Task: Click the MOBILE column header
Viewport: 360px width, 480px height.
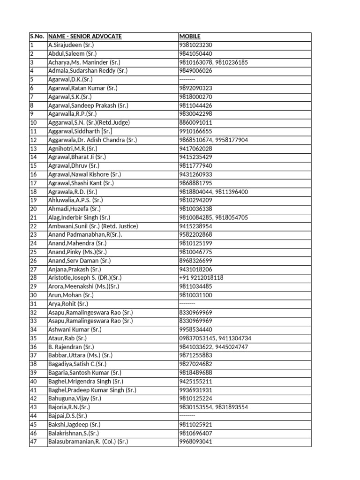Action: [x=190, y=37]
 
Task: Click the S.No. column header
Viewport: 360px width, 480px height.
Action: [x=37, y=37]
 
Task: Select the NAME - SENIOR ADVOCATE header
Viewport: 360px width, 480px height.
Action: [x=85, y=37]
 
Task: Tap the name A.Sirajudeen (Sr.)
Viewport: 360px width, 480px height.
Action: [x=71, y=45]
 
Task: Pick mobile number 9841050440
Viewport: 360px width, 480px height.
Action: [x=195, y=54]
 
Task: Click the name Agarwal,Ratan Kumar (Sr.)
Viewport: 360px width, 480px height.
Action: [x=82, y=88]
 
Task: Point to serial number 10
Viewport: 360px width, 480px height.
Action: [x=33, y=123]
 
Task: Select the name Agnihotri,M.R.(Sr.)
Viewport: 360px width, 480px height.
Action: [x=73, y=149]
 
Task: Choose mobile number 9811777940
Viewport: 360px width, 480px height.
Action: [x=195, y=166]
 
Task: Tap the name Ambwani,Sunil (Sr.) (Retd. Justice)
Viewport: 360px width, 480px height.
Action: [x=93, y=226]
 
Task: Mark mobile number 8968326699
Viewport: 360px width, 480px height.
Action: [x=195, y=261]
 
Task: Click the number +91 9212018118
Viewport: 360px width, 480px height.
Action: [x=201, y=277]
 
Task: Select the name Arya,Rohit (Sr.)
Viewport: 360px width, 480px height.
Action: [x=68, y=304]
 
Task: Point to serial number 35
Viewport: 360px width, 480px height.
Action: [x=33, y=338]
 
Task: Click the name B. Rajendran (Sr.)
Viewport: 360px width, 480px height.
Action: [x=71, y=347]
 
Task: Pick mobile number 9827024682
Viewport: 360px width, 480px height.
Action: [x=195, y=364]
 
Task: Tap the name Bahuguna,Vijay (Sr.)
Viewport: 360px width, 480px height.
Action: [x=75, y=398]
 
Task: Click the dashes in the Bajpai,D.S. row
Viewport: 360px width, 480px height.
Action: [x=187, y=416]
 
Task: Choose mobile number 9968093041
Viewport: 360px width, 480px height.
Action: [x=195, y=442]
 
